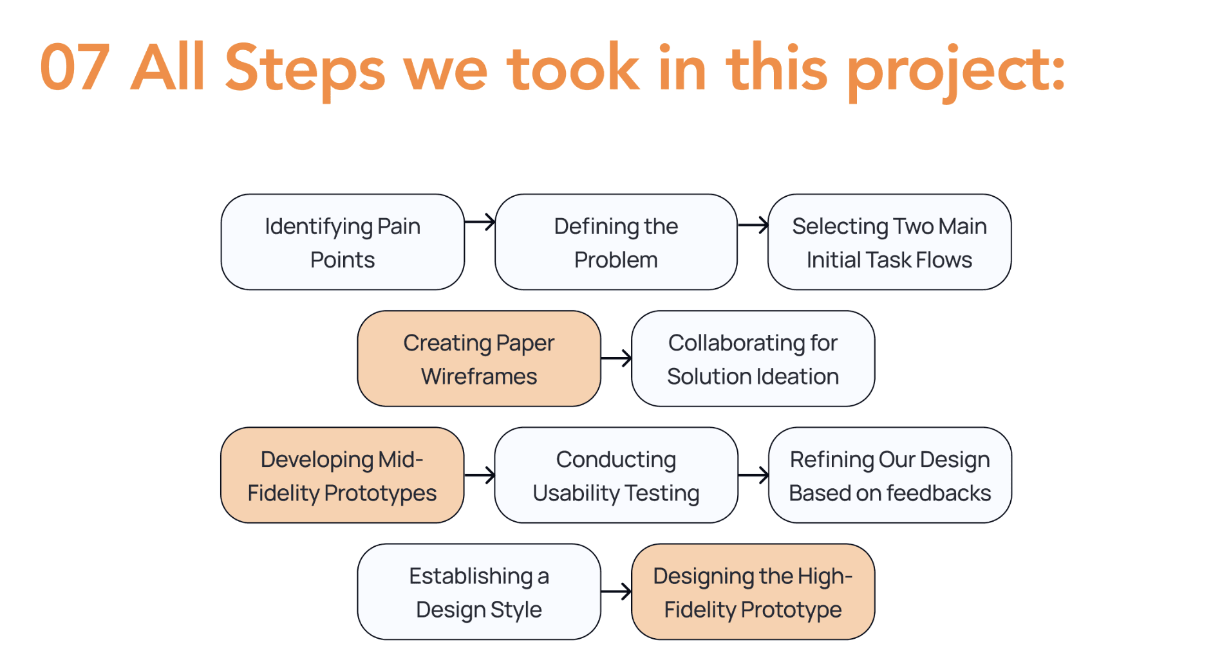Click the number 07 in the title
pos(75,68)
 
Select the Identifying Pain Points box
pos(343,242)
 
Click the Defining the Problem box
pos(616,242)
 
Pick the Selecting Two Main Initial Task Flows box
pos(890,242)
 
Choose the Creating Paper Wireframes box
pos(479,358)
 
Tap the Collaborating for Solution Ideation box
pos(753,358)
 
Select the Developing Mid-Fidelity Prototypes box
pos(343,475)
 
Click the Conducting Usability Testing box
pos(616,475)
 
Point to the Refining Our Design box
pos(890,475)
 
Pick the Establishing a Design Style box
pos(479,592)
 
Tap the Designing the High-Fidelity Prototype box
pos(753,592)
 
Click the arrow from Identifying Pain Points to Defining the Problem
pos(480,223)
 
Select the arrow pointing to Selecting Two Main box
pos(753,225)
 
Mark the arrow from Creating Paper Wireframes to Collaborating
pos(616,358)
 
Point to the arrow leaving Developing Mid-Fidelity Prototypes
pos(480,475)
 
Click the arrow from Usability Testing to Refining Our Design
pos(753,475)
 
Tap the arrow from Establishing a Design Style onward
pos(616,592)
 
